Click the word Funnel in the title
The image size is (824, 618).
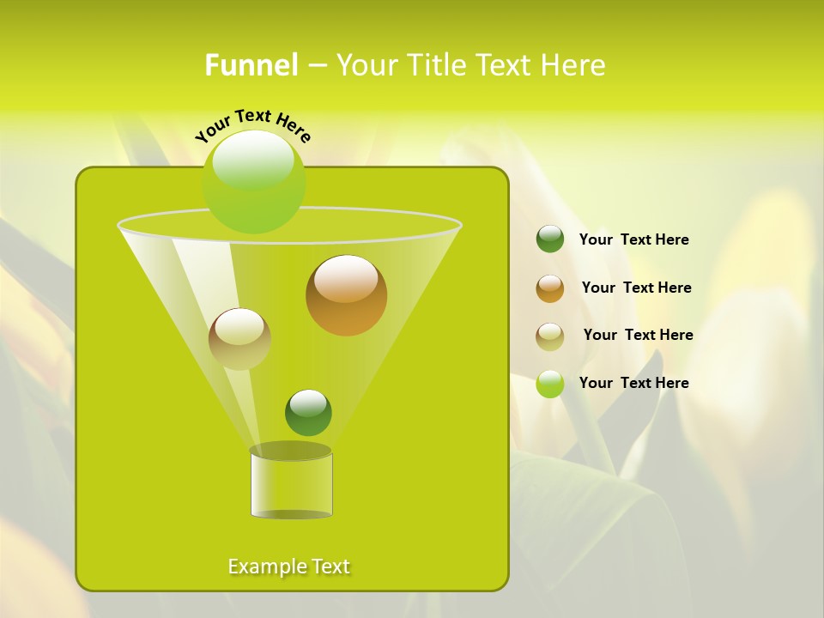pyautogui.click(x=251, y=65)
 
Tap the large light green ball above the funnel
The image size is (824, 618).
pyautogui.click(x=254, y=181)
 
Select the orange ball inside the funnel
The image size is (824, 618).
pyautogui.click(x=346, y=295)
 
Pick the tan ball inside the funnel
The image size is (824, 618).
pyautogui.click(x=239, y=338)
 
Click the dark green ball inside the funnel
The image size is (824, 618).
pyautogui.click(x=308, y=413)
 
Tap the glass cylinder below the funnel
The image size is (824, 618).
pyautogui.click(x=291, y=485)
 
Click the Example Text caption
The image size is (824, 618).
pyautogui.click(x=289, y=566)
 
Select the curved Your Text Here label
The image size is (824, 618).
pyautogui.click(x=252, y=125)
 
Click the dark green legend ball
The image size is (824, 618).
pyautogui.click(x=550, y=239)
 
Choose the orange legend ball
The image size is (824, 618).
pyautogui.click(x=550, y=288)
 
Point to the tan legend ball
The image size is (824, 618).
pyautogui.click(x=550, y=336)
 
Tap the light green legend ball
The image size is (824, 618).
pyautogui.click(x=550, y=384)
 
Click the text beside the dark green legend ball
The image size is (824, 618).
pyautogui.click(x=633, y=240)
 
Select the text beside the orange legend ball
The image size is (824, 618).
pyautogui.click(x=636, y=288)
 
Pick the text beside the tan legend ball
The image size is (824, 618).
pyautogui.click(x=638, y=336)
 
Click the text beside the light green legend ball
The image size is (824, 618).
pyautogui.click(x=633, y=384)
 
